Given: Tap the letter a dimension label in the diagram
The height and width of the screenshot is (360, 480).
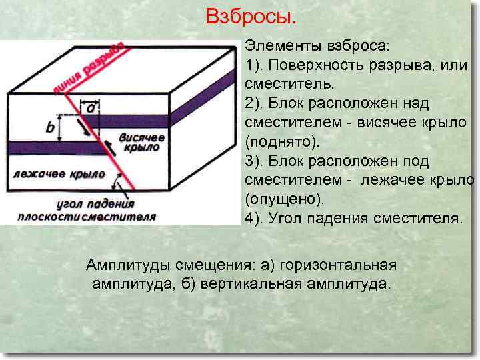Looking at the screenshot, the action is pos(89,106).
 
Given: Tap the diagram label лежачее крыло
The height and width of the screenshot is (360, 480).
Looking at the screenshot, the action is pos(57,174).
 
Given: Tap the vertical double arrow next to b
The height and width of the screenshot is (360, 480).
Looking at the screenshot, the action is pos(61,127).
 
